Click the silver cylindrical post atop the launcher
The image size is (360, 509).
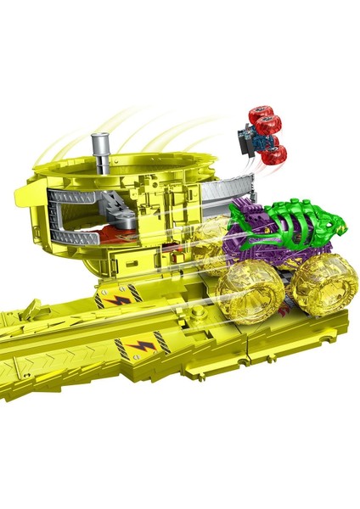click(104, 153)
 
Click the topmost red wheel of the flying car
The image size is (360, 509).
click(260, 116)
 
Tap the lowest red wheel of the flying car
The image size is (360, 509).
click(273, 154)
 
